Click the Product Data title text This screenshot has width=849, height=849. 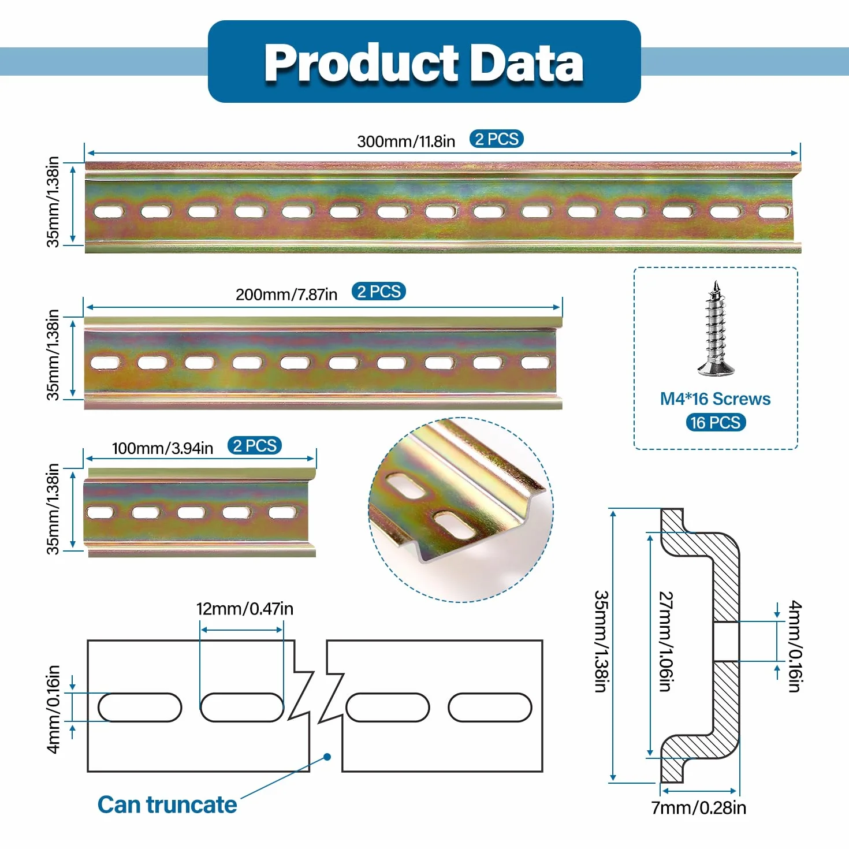tap(424, 62)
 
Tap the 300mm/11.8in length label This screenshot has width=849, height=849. tap(406, 141)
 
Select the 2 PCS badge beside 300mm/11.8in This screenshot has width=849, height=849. tap(497, 139)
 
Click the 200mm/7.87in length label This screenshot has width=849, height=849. tap(286, 295)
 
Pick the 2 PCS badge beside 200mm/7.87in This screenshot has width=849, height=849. tap(378, 291)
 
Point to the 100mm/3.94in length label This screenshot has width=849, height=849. tap(162, 448)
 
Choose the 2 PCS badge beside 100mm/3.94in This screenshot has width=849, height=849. tap(254, 445)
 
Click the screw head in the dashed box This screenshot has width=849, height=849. tap(716, 367)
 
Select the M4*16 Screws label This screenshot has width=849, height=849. tap(715, 399)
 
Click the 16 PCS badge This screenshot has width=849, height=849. tap(716, 422)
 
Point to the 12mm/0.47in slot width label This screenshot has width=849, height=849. tap(244, 608)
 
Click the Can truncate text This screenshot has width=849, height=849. tap(167, 805)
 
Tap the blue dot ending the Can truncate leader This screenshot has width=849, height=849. tap(327, 757)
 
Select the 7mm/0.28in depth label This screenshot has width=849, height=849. tap(699, 807)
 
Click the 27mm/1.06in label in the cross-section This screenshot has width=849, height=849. tap(666, 642)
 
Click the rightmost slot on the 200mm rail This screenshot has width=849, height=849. tap(535, 362)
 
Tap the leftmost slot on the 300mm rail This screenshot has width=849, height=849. tap(109, 211)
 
